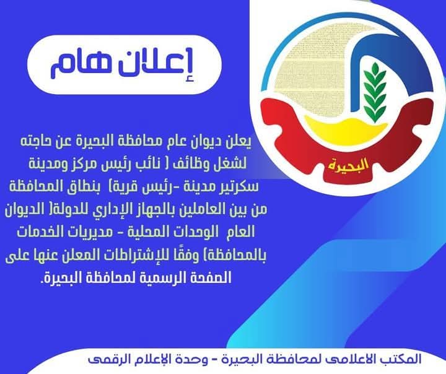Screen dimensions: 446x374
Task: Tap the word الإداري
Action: coord(110,211)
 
